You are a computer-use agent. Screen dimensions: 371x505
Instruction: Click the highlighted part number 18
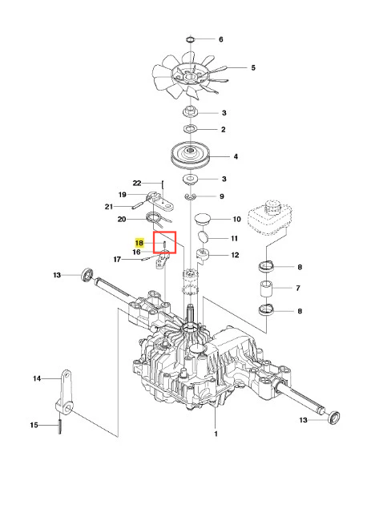click(139, 243)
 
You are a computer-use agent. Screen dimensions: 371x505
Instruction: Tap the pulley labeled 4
click(191, 156)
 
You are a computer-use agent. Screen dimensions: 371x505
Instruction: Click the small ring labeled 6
click(191, 39)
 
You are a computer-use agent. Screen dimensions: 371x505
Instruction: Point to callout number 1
click(216, 434)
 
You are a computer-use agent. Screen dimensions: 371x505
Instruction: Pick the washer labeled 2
click(191, 130)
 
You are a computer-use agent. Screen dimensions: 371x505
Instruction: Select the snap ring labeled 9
click(191, 196)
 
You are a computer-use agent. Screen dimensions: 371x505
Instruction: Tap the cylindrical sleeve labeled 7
click(266, 289)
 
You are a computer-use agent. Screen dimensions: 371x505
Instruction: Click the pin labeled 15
click(60, 426)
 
